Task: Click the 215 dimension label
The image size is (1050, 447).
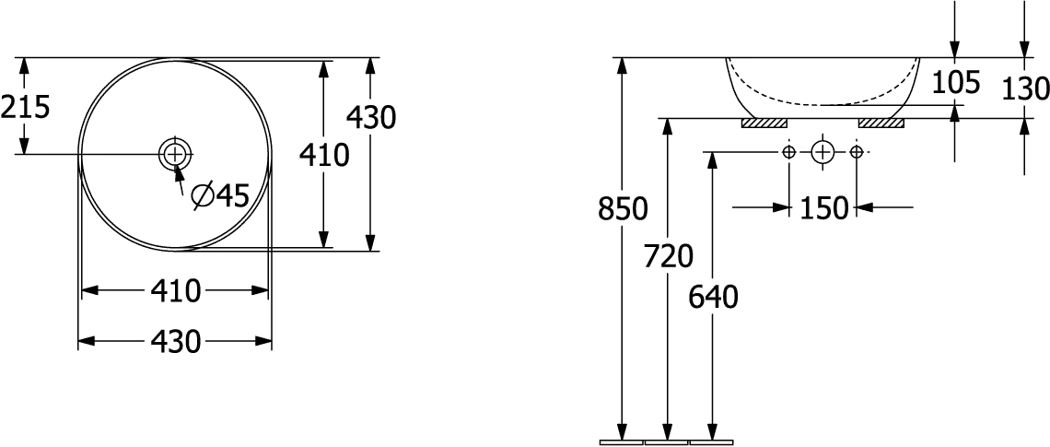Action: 26,107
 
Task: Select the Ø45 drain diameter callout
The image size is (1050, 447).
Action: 219,195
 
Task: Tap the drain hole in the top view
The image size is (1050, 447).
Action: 175,154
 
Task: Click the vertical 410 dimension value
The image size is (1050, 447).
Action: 324,156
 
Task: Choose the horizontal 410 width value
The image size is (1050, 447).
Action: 175,291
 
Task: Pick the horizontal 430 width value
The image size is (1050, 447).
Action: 175,342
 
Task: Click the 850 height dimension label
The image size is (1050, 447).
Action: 623,209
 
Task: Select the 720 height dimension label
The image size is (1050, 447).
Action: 668,256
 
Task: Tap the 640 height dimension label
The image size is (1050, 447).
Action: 713,298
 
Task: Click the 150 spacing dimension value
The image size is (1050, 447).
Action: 823,208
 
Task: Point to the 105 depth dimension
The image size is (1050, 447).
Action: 956,82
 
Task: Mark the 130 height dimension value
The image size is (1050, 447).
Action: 1025,88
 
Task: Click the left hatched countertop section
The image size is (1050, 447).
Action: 764,123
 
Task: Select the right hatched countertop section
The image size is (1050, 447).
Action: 881,123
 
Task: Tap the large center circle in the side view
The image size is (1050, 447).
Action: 823,153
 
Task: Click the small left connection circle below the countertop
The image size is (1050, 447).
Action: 789,152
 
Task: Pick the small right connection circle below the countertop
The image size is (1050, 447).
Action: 857,152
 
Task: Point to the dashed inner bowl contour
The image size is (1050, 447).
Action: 823,104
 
